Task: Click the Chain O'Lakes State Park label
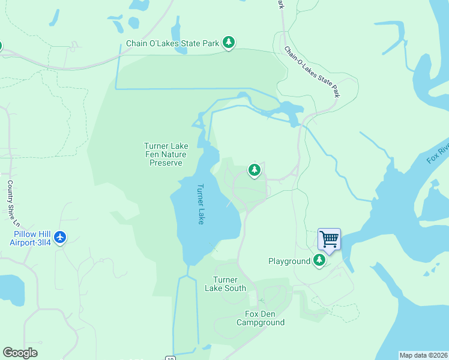click(172, 44)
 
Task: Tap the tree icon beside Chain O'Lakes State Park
click(228, 43)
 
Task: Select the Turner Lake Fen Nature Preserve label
click(166, 154)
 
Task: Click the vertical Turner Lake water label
click(201, 204)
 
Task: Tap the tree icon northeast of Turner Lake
click(255, 170)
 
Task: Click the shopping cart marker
click(329, 239)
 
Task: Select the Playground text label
click(289, 261)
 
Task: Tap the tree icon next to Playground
click(321, 260)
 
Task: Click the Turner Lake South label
click(229, 284)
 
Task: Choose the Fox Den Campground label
click(260, 318)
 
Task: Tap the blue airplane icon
click(59, 238)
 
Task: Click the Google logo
click(20, 353)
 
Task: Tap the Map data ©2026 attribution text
click(424, 355)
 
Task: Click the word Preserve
click(166, 163)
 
